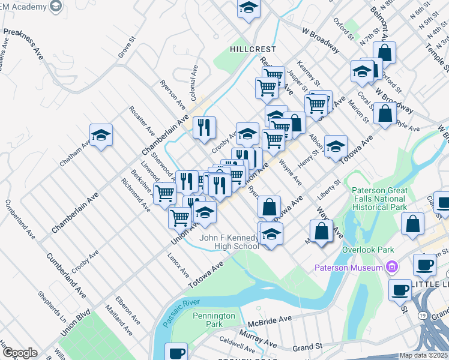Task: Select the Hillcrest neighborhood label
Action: (252, 49)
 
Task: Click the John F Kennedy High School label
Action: (229, 242)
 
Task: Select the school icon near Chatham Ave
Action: (101, 135)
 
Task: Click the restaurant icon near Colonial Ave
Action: (204, 127)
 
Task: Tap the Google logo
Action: (20, 353)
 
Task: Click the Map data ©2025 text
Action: (423, 355)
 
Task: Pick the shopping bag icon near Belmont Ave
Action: (385, 52)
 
